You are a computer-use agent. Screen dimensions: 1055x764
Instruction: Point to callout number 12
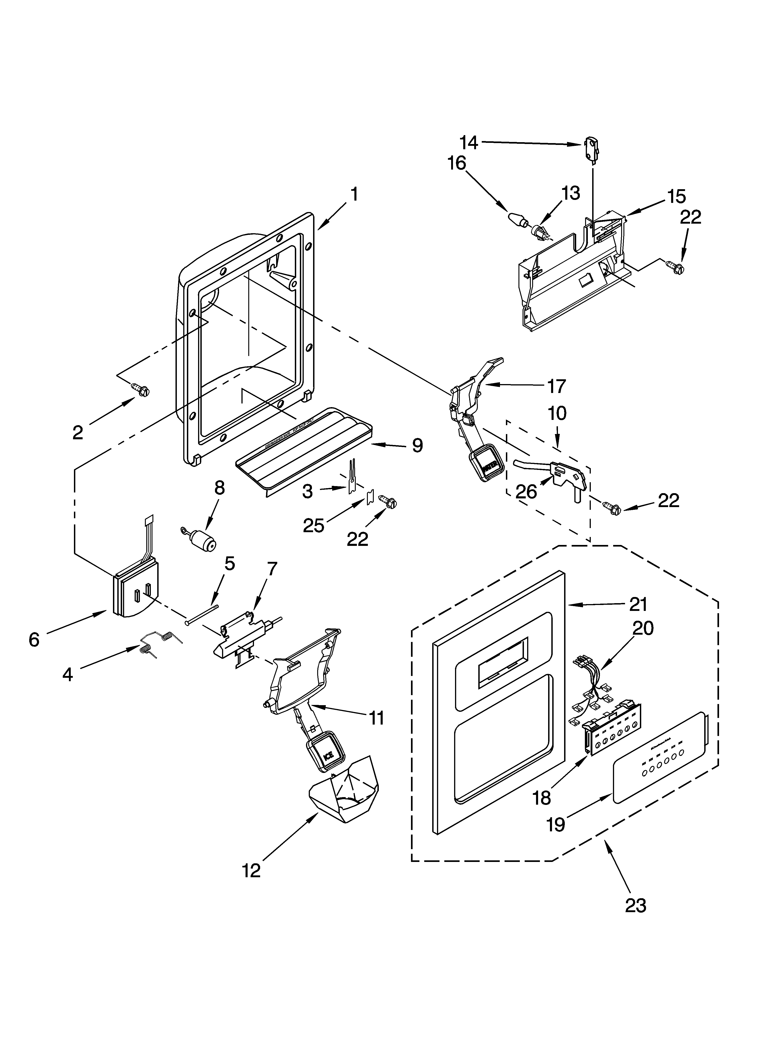(x=251, y=870)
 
